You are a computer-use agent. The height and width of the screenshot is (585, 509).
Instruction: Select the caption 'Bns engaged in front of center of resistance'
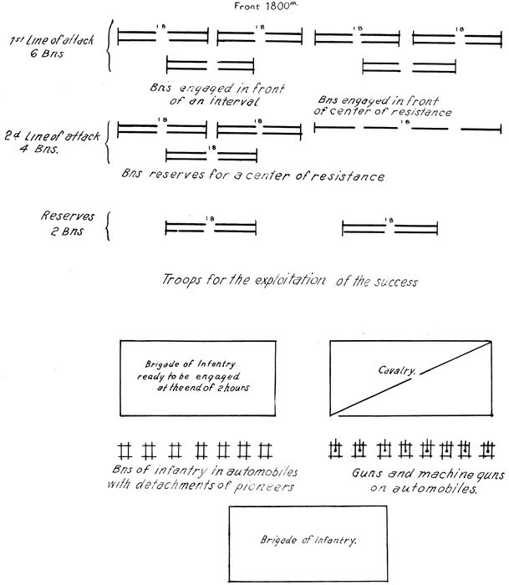point(383,105)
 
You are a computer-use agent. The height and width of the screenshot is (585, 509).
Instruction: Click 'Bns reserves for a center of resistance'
point(253,177)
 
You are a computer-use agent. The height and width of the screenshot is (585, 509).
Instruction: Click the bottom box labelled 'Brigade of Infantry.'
point(308,541)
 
